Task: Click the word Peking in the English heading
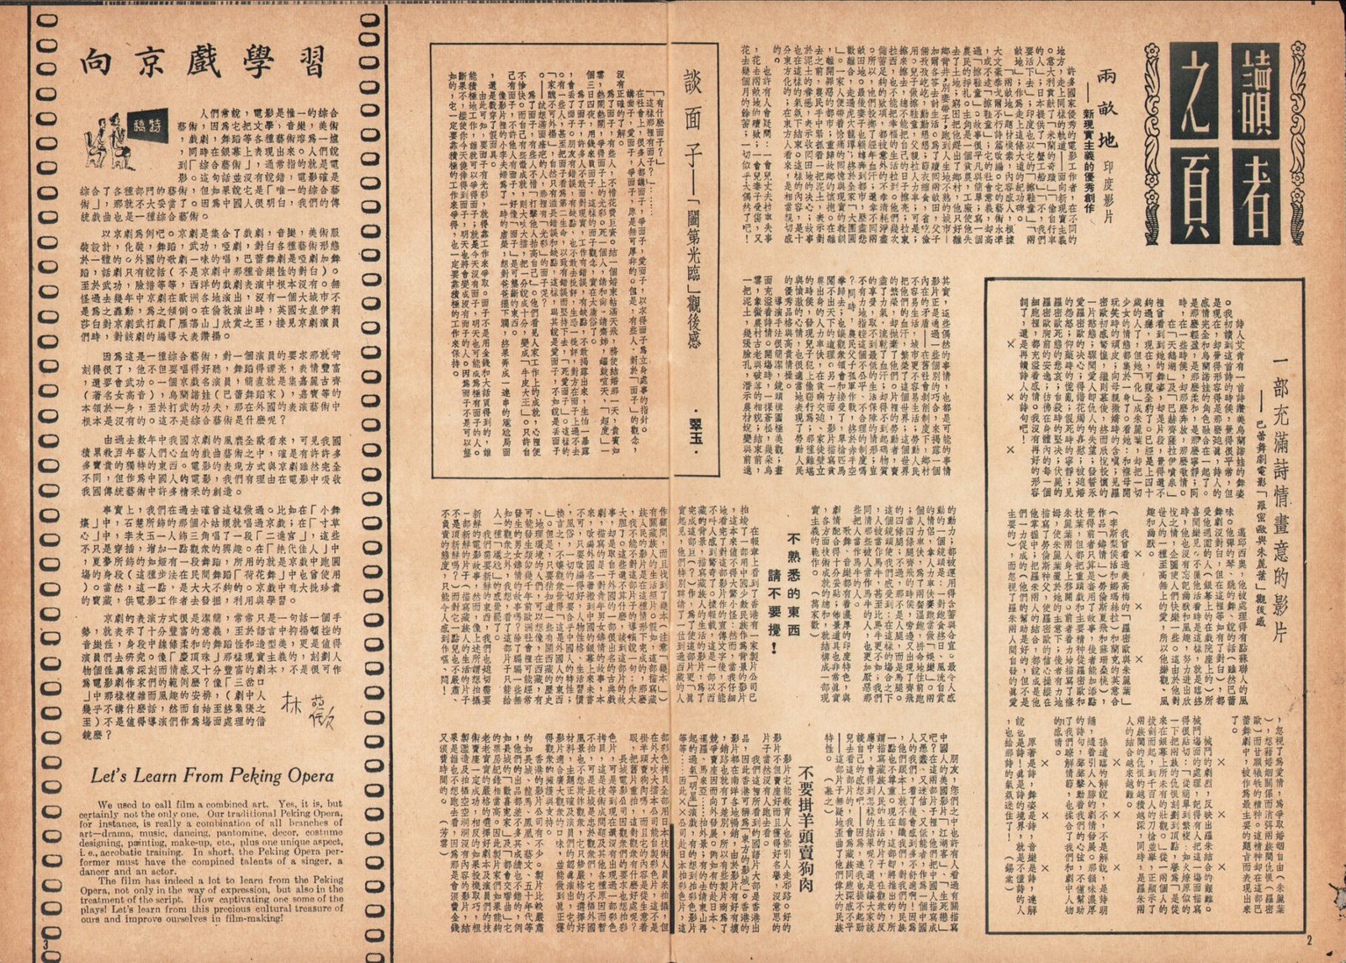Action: coord(259,775)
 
